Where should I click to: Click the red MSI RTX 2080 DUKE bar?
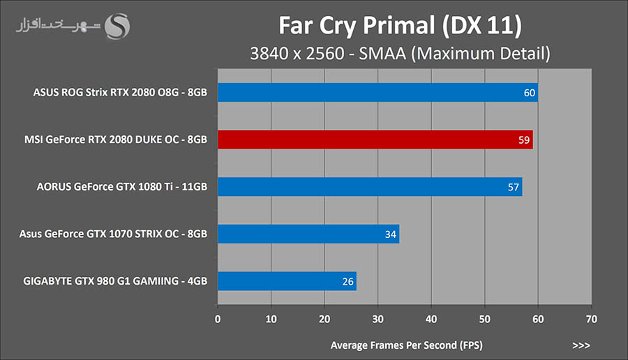click(x=375, y=140)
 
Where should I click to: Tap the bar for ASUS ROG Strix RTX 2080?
click(x=377, y=92)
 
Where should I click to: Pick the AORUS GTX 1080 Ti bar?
click(x=370, y=187)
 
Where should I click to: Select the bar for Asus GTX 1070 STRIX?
click(x=308, y=234)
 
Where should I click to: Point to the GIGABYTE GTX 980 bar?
click(x=287, y=281)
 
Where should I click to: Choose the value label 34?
click(x=391, y=234)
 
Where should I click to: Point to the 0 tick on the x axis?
click(x=218, y=319)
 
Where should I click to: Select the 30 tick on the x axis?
click(x=377, y=319)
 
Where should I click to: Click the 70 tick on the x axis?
click(x=591, y=319)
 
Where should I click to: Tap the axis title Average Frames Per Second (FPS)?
click(x=406, y=345)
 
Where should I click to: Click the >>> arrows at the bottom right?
click(x=581, y=345)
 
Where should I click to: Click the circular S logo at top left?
click(x=116, y=27)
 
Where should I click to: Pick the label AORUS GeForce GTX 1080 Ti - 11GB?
click(x=121, y=187)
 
